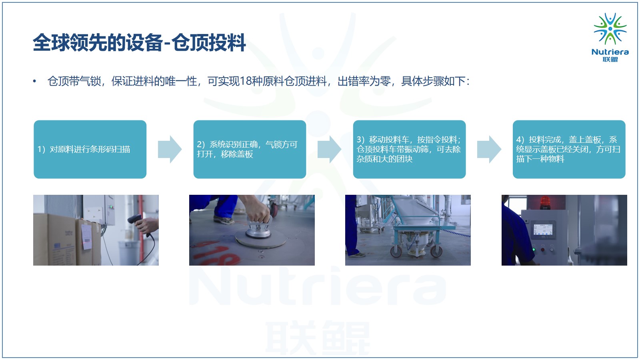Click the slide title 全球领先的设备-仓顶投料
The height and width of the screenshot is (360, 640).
(x=139, y=43)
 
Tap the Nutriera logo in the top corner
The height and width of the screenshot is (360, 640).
(x=610, y=37)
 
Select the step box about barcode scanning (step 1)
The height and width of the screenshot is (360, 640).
(x=90, y=149)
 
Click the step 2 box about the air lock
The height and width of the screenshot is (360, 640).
(x=250, y=149)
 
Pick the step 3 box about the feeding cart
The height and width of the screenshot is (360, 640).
(x=410, y=149)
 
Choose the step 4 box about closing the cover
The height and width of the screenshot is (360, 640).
(x=569, y=149)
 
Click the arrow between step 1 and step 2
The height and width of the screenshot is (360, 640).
(x=170, y=149)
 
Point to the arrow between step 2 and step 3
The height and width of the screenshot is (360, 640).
(x=330, y=149)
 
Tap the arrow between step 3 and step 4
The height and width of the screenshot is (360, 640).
(x=489, y=149)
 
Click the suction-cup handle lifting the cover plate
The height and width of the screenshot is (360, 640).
(x=258, y=227)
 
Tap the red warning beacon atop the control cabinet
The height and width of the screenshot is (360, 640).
(x=545, y=202)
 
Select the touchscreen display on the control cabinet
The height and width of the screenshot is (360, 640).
(x=543, y=230)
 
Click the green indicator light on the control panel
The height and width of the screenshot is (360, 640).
(x=534, y=250)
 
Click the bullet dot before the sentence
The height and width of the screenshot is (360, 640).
(x=34, y=82)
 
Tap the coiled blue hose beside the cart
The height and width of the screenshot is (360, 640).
(x=456, y=233)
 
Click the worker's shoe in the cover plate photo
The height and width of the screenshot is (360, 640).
(x=224, y=220)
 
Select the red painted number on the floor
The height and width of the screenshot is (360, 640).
(x=217, y=253)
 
